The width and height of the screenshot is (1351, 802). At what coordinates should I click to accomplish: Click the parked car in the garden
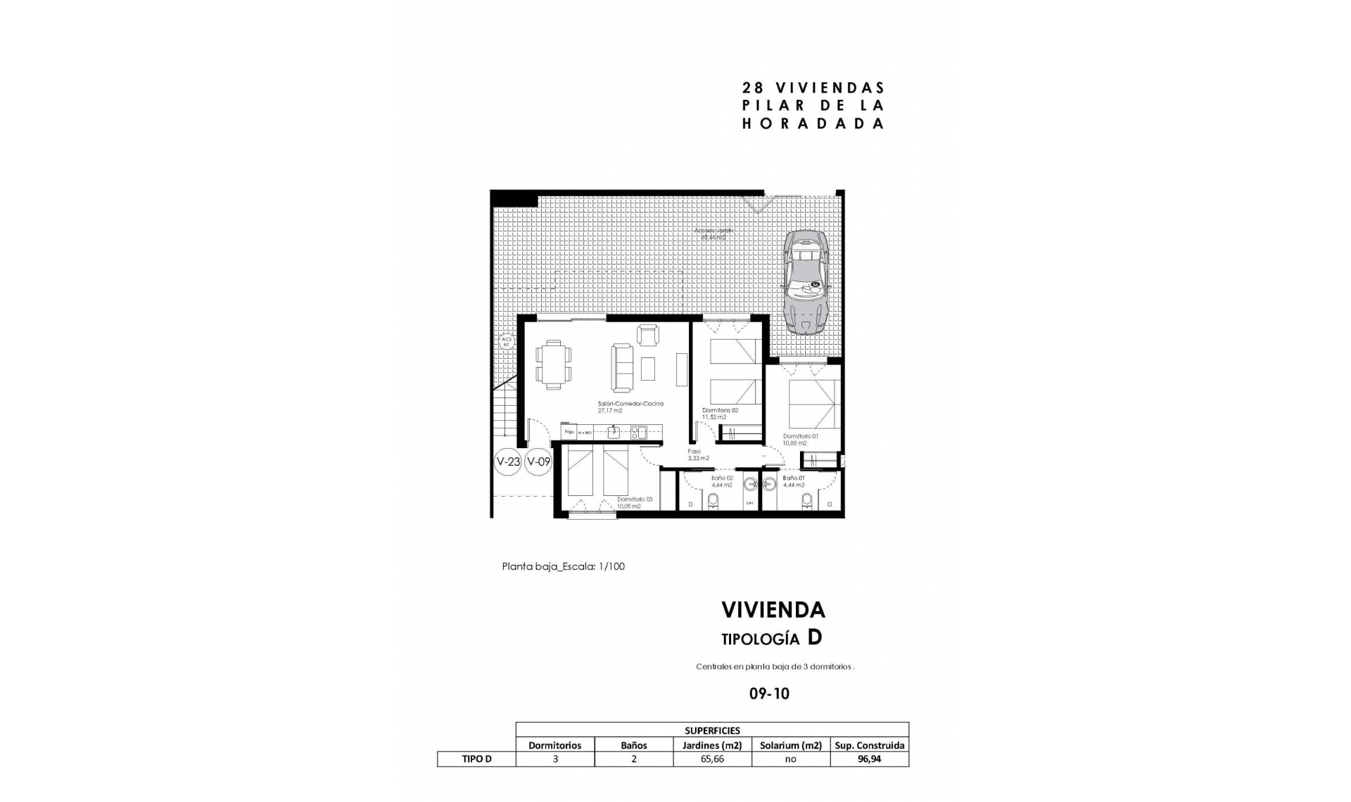click(x=807, y=281)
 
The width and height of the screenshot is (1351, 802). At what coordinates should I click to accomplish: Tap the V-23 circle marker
click(x=508, y=462)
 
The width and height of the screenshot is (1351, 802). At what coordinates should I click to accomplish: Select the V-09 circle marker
click(x=538, y=462)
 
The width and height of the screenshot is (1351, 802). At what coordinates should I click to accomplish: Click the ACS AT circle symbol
click(x=506, y=343)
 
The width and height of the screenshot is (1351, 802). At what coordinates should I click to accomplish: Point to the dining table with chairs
click(x=553, y=364)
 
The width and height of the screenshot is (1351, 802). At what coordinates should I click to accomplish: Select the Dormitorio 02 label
click(x=720, y=413)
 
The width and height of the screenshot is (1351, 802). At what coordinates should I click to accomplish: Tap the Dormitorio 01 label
click(x=800, y=439)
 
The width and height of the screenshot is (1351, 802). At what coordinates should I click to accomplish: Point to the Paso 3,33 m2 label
click(x=698, y=454)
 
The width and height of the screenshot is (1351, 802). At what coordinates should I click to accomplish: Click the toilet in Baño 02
click(x=713, y=500)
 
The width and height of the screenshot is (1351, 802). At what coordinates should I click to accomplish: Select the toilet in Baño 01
click(x=806, y=500)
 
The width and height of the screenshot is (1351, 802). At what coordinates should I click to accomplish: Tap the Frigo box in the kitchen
click(x=569, y=431)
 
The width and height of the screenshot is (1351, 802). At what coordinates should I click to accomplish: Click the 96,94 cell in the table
click(x=869, y=759)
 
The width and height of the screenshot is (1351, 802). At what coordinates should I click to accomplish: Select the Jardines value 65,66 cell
click(x=712, y=759)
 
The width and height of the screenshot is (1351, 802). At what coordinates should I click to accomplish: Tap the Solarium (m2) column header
click(x=791, y=745)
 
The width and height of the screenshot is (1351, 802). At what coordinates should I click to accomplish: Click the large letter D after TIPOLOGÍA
click(x=814, y=637)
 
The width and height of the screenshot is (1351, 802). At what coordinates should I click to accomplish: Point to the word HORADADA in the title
click(x=813, y=124)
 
